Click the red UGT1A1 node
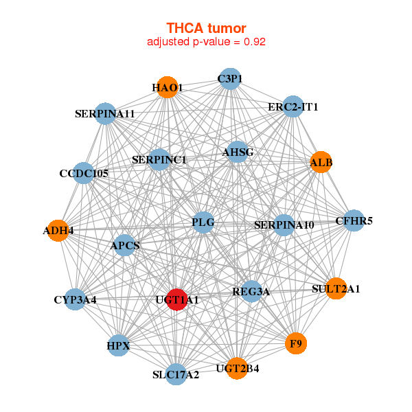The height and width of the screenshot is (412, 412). (177, 300)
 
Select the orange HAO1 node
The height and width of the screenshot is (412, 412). (167, 87)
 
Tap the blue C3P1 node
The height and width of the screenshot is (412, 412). (230, 79)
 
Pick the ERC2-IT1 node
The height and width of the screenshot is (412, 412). (293, 106)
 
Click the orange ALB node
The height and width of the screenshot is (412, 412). (321, 162)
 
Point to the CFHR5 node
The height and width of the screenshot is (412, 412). (354, 220)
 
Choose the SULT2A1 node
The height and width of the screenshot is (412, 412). (336, 288)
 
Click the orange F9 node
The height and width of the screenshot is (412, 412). (296, 343)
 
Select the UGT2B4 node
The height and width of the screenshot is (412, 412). (237, 368)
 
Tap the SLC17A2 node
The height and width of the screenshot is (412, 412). (176, 374)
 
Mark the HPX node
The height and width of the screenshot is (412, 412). (119, 345)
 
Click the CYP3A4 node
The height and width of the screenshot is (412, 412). (76, 300)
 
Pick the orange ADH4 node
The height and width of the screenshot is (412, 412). (58, 231)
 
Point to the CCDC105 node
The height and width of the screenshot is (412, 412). (84, 173)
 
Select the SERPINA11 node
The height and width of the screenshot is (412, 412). (105, 113)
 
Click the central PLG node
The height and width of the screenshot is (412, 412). (203, 222)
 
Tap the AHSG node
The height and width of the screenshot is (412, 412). (238, 152)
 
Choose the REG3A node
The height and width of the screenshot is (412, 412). (251, 292)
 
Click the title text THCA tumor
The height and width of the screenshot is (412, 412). (206, 27)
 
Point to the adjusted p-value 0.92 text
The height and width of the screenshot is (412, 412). (206, 41)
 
